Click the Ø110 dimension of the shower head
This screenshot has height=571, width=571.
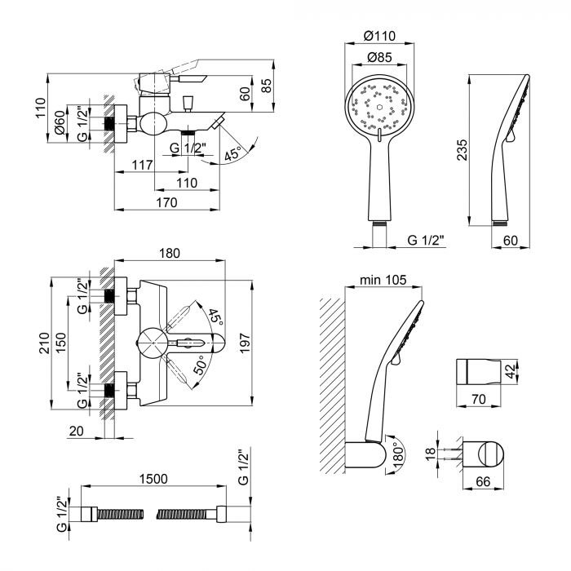click(x=379, y=36)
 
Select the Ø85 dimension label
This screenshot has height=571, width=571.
click(x=379, y=57)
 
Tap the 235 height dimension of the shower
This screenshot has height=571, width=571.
click(x=462, y=149)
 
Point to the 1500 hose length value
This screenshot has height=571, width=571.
click(x=153, y=479)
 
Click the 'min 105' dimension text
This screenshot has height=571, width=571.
click(x=383, y=280)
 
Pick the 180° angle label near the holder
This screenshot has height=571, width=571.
click(x=399, y=453)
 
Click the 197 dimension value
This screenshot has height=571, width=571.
click(x=245, y=343)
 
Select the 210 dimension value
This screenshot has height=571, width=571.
click(x=44, y=343)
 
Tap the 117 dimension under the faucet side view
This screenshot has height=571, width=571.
click(x=142, y=165)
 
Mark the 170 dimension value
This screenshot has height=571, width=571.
click(x=166, y=202)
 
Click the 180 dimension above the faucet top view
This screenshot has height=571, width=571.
click(x=170, y=253)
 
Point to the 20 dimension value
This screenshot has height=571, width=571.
click(x=76, y=431)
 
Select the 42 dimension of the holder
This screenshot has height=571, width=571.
click(x=511, y=371)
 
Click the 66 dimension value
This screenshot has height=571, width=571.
click(x=483, y=481)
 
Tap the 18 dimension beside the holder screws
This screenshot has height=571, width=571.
click(x=430, y=454)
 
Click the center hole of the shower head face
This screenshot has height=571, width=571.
click(x=379, y=108)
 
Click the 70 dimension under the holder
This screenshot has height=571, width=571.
click(x=479, y=399)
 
